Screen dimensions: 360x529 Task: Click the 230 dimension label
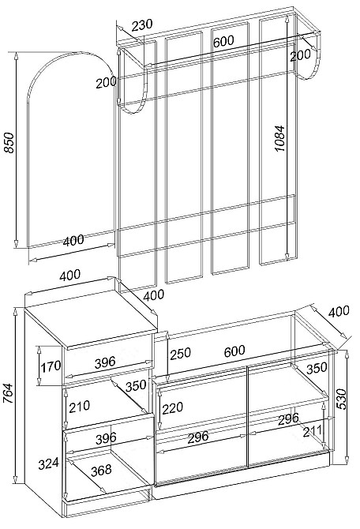pos(141,25)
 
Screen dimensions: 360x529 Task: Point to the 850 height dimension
pos(9,143)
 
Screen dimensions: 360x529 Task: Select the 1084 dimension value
pos(279,138)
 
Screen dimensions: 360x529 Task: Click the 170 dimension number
pos(51,366)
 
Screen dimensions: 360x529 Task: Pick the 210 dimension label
pos(79,406)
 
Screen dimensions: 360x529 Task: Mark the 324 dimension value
pos(48,463)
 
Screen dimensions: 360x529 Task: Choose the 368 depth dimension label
pos(101,469)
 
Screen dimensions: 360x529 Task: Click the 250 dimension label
pos(180,354)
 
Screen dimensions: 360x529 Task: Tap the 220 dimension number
pos(172,408)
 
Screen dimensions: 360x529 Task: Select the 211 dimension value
pos(313,431)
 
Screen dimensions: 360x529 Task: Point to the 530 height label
pos(341,399)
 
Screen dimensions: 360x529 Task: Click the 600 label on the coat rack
pos(223,41)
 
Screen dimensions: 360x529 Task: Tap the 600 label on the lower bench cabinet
pos(234,351)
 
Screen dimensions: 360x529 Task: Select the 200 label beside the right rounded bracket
pos(300,55)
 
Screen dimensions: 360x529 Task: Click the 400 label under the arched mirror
pos(73,241)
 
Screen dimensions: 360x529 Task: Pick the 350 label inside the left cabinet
pos(136,385)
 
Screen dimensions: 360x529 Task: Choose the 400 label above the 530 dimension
pos(339,312)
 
